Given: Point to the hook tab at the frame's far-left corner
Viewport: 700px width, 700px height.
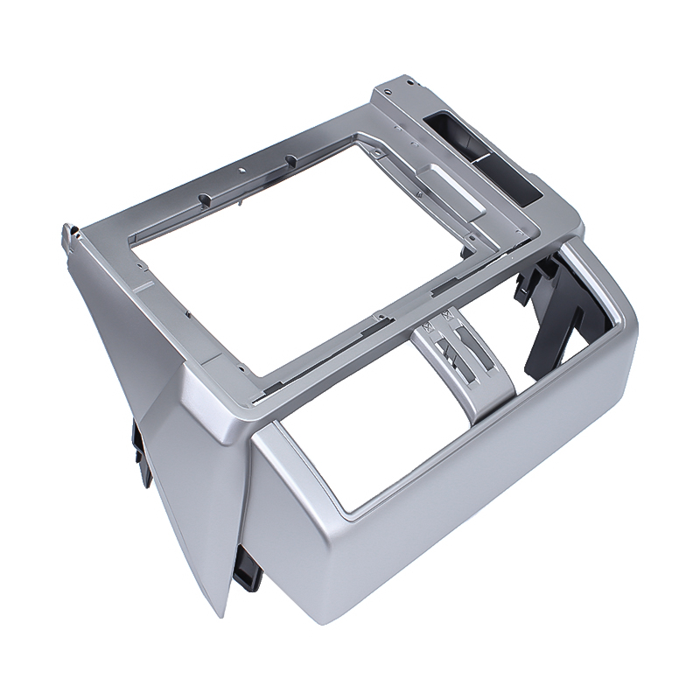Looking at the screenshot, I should [65, 235].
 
